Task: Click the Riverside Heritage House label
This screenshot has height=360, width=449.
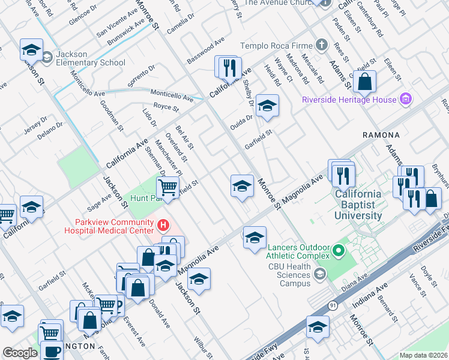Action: click(349, 100)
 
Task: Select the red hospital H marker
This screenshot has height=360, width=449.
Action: click(162, 225)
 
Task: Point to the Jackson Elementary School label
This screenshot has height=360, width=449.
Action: click(90, 58)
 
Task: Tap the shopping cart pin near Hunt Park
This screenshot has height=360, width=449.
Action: click(168, 188)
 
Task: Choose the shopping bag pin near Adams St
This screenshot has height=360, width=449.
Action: click(364, 81)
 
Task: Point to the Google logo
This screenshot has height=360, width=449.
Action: click(20, 353)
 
